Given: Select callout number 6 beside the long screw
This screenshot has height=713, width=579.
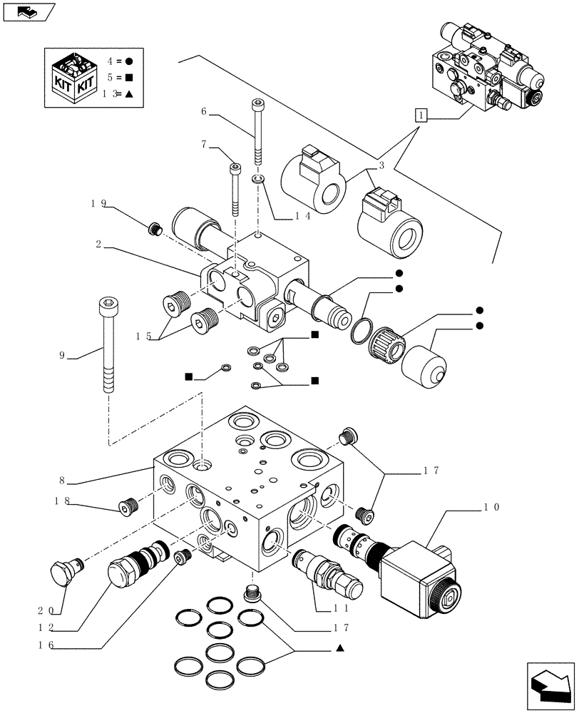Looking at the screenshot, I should pyautogui.click(x=204, y=111).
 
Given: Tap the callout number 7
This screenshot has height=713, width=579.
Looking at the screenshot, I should pyautogui.click(x=204, y=145).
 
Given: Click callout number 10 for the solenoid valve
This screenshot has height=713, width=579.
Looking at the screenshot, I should pyautogui.click(x=491, y=508).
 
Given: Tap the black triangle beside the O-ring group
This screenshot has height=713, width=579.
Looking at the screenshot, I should pyautogui.click(x=340, y=647).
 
